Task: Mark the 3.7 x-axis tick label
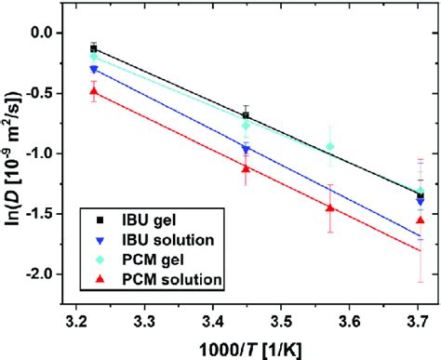pyautogui.click(x=414, y=323)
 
